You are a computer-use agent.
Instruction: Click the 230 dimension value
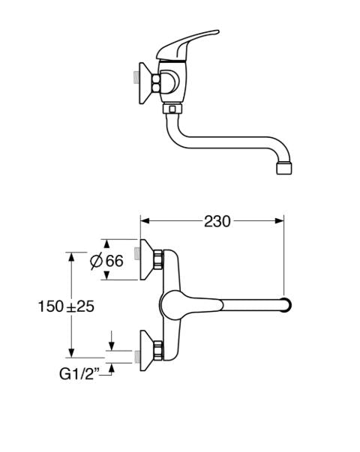point(217,221)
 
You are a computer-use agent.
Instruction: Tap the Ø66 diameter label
point(106,261)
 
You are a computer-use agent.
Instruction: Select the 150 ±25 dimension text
point(66,306)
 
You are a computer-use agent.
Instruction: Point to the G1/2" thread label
point(79,374)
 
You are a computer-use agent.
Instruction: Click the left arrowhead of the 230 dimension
point(145,221)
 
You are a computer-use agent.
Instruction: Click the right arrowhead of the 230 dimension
point(279,221)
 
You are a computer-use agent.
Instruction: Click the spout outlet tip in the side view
point(283,169)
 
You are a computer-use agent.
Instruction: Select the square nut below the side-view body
point(172,109)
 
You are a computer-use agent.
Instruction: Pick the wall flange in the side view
point(145,83)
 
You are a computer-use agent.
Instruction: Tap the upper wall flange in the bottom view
point(147,259)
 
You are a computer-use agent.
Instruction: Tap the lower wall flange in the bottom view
point(147,351)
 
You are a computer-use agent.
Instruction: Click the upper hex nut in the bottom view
point(158,259)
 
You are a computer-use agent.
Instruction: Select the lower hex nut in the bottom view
point(158,351)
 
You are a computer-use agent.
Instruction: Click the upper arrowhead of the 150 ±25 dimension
point(71,257)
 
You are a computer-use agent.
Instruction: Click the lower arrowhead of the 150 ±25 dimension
point(71,353)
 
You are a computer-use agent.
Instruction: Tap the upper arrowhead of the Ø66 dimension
point(107,244)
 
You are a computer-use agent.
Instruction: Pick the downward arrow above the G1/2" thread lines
point(112,342)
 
